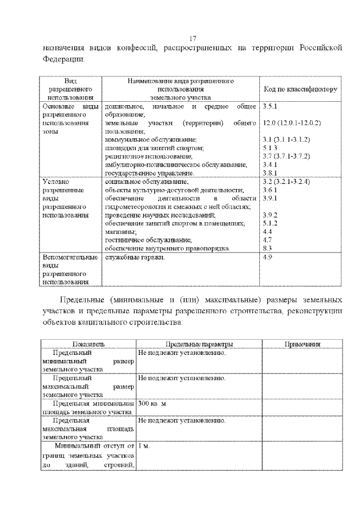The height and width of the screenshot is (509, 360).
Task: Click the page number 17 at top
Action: [192, 38]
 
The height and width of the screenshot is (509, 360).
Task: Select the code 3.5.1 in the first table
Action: [271, 106]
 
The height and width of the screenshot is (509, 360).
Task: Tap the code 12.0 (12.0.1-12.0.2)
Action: [291, 122]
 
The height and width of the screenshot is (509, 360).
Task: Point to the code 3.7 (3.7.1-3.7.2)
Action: [286, 155]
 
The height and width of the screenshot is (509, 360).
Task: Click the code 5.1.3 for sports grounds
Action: [271, 147]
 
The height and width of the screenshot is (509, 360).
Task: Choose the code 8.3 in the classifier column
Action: [268, 248]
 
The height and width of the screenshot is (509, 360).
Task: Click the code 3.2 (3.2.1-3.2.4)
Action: [286, 182]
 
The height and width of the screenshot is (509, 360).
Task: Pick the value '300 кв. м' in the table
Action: [152, 404]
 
